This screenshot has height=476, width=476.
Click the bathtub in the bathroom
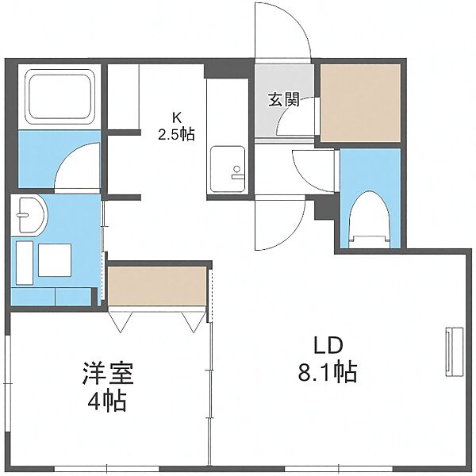59,97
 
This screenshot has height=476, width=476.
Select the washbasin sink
30,215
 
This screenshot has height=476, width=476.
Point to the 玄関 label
284,99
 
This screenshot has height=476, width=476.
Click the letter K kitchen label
176,117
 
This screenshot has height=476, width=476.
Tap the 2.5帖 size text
176,133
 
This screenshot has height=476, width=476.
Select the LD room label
328,346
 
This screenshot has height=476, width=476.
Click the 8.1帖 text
328,373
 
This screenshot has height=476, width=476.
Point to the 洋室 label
107,373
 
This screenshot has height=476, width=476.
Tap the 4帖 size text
107,401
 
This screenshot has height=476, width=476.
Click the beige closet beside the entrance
361,103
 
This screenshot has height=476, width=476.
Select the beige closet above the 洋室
157,286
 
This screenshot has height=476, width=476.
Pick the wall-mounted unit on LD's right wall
454,352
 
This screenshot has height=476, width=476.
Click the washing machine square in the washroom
55,260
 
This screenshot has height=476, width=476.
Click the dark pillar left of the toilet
326,208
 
